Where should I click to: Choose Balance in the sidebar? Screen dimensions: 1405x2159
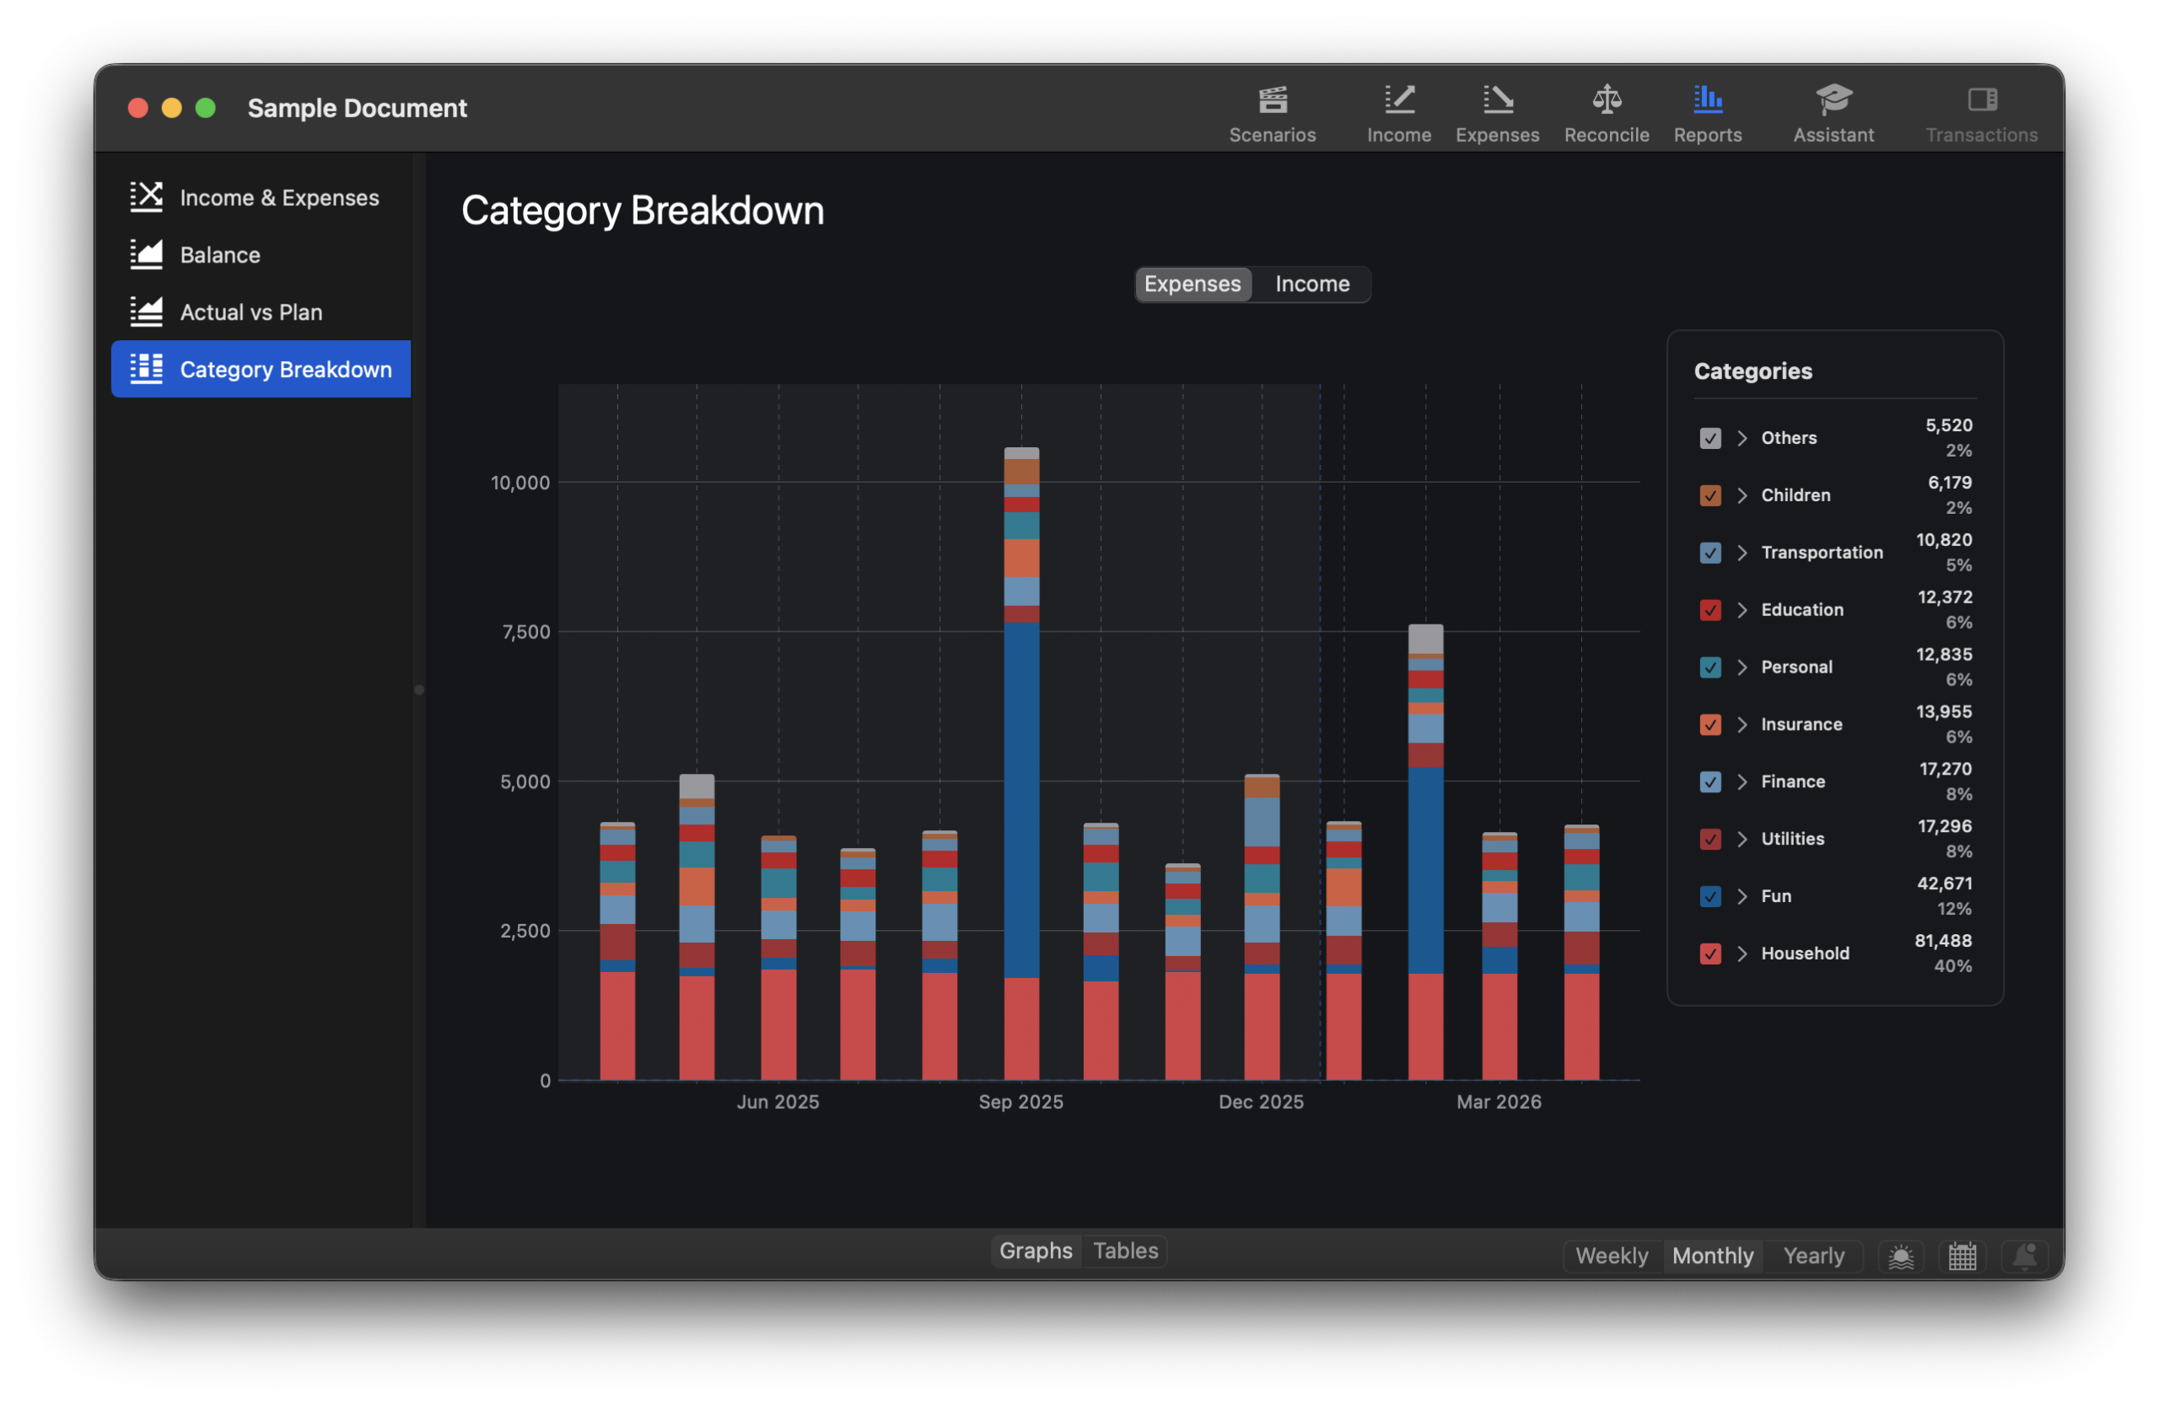tap(219, 255)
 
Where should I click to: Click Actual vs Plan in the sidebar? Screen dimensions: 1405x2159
tap(250, 312)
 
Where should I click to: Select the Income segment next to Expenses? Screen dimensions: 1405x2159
tap(1311, 284)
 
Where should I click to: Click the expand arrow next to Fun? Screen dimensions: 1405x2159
tap(1742, 897)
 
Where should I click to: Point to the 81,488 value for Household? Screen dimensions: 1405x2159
tap(1942, 941)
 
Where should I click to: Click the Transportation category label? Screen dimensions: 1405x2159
tap(1822, 553)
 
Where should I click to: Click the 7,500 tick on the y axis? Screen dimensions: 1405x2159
tap(526, 633)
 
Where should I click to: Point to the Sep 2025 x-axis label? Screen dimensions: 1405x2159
tap(1020, 1102)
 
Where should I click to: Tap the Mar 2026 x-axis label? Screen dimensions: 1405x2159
tap(1499, 1102)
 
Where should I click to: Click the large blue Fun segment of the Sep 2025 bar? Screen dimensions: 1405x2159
tap(1021, 799)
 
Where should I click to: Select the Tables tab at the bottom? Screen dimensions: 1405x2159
tap(1125, 1251)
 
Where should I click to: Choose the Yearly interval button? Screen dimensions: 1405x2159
tap(1812, 1256)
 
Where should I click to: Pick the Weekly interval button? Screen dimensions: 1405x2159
tap(1611, 1256)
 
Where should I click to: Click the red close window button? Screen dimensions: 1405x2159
tap(137, 108)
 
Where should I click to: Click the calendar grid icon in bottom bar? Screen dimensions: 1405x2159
tap(1962, 1257)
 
